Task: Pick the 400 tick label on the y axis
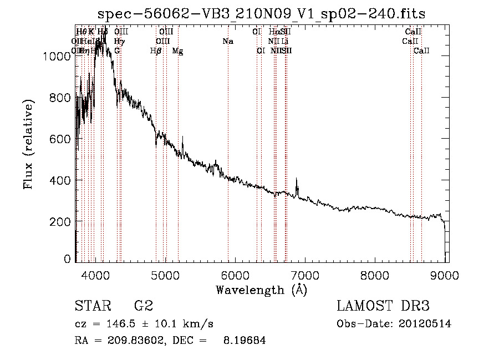62,180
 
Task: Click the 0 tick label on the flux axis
68,259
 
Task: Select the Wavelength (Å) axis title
261,290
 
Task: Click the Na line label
228,41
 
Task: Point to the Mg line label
178,51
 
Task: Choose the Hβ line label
156,51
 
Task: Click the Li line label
284,41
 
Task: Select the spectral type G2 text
143,306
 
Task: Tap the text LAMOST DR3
383,306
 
